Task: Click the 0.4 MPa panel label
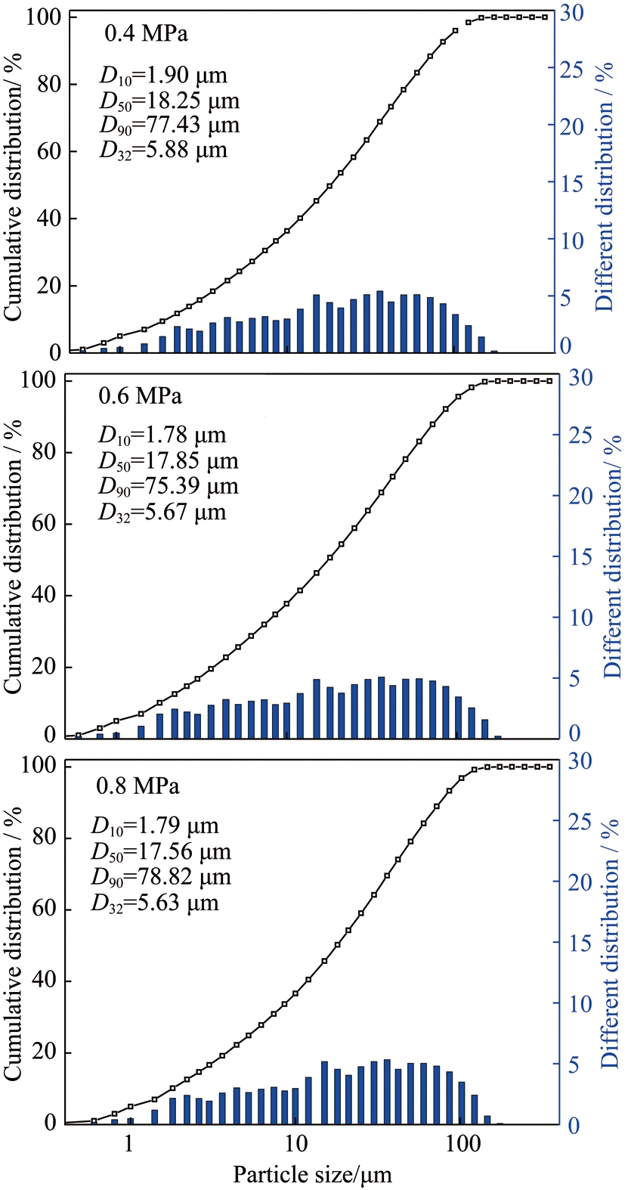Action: (x=146, y=34)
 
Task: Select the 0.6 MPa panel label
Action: (x=140, y=396)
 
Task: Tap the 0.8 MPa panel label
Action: (x=138, y=786)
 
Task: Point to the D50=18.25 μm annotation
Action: (x=169, y=100)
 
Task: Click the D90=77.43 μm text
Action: (x=169, y=125)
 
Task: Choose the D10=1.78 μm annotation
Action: (x=162, y=435)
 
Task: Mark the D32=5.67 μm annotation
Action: (x=162, y=513)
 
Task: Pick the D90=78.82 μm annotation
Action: (x=161, y=877)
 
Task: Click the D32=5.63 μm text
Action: (x=155, y=903)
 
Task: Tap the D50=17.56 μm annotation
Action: (x=161, y=852)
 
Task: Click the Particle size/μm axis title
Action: (x=312, y=1175)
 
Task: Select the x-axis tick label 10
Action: (x=295, y=1143)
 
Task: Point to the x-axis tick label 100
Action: (x=462, y=1143)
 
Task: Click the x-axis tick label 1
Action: (x=129, y=1143)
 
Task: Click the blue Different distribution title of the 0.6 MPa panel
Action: (x=611, y=556)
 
